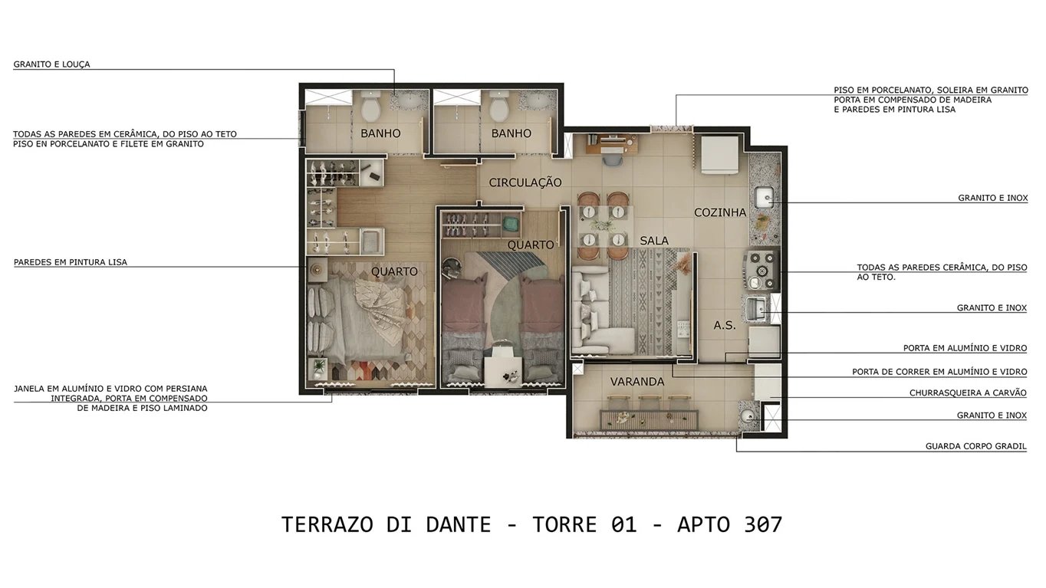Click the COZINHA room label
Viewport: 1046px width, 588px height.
(x=720, y=212)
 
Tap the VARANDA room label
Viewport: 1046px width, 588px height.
(x=636, y=381)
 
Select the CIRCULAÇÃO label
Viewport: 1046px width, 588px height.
(x=525, y=182)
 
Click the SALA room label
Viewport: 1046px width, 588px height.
(x=654, y=240)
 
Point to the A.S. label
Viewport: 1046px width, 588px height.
(x=724, y=325)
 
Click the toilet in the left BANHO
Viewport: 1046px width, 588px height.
(x=370, y=107)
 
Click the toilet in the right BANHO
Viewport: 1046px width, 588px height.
(x=500, y=107)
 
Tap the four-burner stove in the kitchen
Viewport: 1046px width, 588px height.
(x=761, y=265)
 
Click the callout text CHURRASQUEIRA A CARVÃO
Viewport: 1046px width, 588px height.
(x=968, y=393)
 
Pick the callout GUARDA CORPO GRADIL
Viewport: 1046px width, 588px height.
(x=975, y=446)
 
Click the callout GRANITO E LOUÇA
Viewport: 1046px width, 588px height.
(x=51, y=64)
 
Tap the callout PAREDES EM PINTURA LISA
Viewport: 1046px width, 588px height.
(x=71, y=262)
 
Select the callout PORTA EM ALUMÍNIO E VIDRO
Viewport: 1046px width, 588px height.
(x=965, y=348)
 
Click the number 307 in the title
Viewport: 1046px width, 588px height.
(x=762, y=524)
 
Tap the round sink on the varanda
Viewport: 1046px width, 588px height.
(x=747, y=417)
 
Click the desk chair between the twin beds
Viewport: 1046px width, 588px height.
(x=503, y=355)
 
